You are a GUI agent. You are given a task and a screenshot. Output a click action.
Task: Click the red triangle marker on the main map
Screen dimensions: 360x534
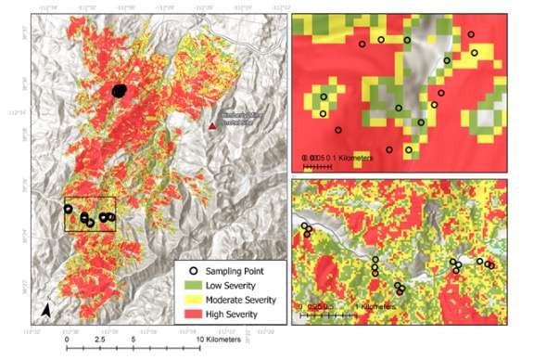coord(213,124)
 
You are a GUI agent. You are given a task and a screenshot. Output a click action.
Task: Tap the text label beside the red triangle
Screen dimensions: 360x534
coord(243,115)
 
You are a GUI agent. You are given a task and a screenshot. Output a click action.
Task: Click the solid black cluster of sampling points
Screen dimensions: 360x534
coord(119,91)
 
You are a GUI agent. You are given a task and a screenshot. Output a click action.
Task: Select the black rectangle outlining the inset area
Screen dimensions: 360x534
coord(89,214)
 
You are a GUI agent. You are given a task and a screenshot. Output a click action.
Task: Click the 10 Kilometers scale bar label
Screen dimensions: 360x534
coord(219,341)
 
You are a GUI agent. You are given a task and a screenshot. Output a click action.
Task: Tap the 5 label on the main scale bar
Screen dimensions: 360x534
coord(133,341)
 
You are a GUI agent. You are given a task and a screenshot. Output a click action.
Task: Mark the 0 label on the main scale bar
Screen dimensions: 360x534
coord(68,341)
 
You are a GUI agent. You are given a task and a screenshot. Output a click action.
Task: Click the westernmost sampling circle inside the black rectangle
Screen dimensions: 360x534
coord(68,209)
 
